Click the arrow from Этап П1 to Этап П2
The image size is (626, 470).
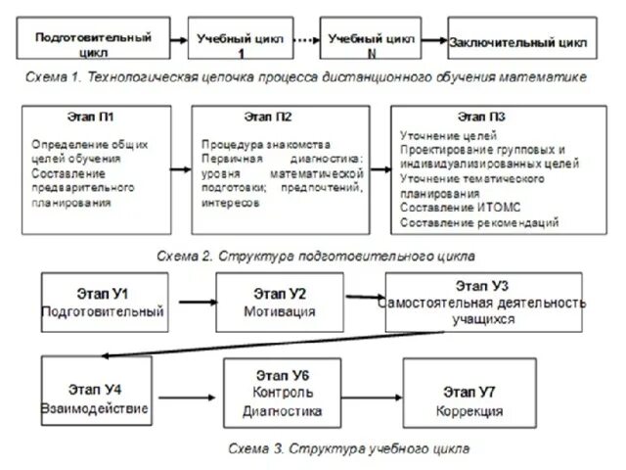pyautogui.click(x=179, y=167)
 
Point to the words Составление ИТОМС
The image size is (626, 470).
pyautogui.click(x=453, y=208)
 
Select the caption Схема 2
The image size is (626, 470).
pyautogui.click(x=316, y=255)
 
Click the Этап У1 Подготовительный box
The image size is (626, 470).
pyautogui.click(x=102, y=302)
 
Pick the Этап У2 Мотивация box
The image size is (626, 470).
pyautogui.click(x=280, y=302)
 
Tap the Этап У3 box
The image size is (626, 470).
pyautogui.click(x=485, y=302)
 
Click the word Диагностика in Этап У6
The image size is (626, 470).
pyautogui.click(x=283, y=411)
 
